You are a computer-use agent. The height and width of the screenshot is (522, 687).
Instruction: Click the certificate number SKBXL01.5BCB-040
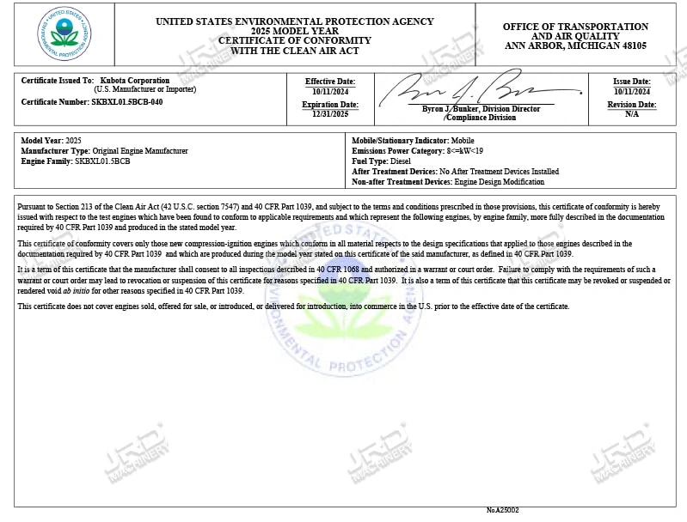pos(126,101)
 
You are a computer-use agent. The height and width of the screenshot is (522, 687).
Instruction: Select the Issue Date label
pos(631,81)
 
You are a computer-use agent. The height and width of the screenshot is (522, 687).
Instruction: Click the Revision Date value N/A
pos(631,113)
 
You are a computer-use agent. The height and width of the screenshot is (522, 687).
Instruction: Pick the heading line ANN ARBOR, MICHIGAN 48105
pos(575,46)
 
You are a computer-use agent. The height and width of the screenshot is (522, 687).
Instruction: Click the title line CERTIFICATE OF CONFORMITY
pos(294,40)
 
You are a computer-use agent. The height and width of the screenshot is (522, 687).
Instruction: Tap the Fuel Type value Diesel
pos(401,161)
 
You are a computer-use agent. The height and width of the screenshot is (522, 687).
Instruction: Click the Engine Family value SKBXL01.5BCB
pos(102,161)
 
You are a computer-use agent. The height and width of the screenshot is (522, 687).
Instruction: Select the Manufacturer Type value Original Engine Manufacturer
pos(139,151)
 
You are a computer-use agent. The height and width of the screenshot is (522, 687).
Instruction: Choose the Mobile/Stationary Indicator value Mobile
pos(463,141)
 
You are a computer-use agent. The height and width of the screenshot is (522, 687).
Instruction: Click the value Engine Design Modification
pos(499,182)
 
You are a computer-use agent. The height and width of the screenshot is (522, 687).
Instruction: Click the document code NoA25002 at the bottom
pos(502,510)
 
